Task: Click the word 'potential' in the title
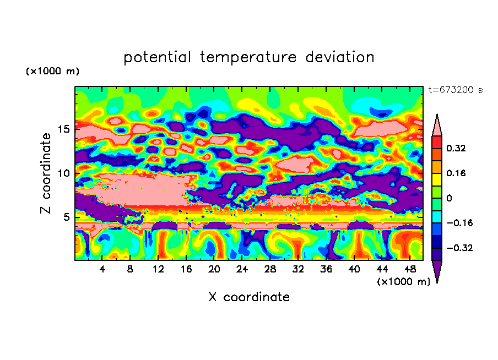pos(157,57)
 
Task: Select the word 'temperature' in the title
pos(248,57)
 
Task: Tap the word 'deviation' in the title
pos(340,57)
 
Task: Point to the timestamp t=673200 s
pos(456,90)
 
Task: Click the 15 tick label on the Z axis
pos(64,129)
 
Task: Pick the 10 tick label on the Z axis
pos(64,173)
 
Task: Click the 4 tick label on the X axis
pos(102,269)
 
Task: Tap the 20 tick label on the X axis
pos(214,269)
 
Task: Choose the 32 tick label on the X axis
pos(298,269)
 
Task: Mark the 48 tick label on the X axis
pos(410,269)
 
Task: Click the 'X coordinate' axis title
pos(249,297)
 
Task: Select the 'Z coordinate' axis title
pos(45,173)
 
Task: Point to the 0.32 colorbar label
pos(456,148)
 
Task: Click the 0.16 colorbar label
pos(456,173)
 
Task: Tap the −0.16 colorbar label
pos(459,223)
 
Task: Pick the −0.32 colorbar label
pos(459,248)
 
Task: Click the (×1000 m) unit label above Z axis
pos(52,71)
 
